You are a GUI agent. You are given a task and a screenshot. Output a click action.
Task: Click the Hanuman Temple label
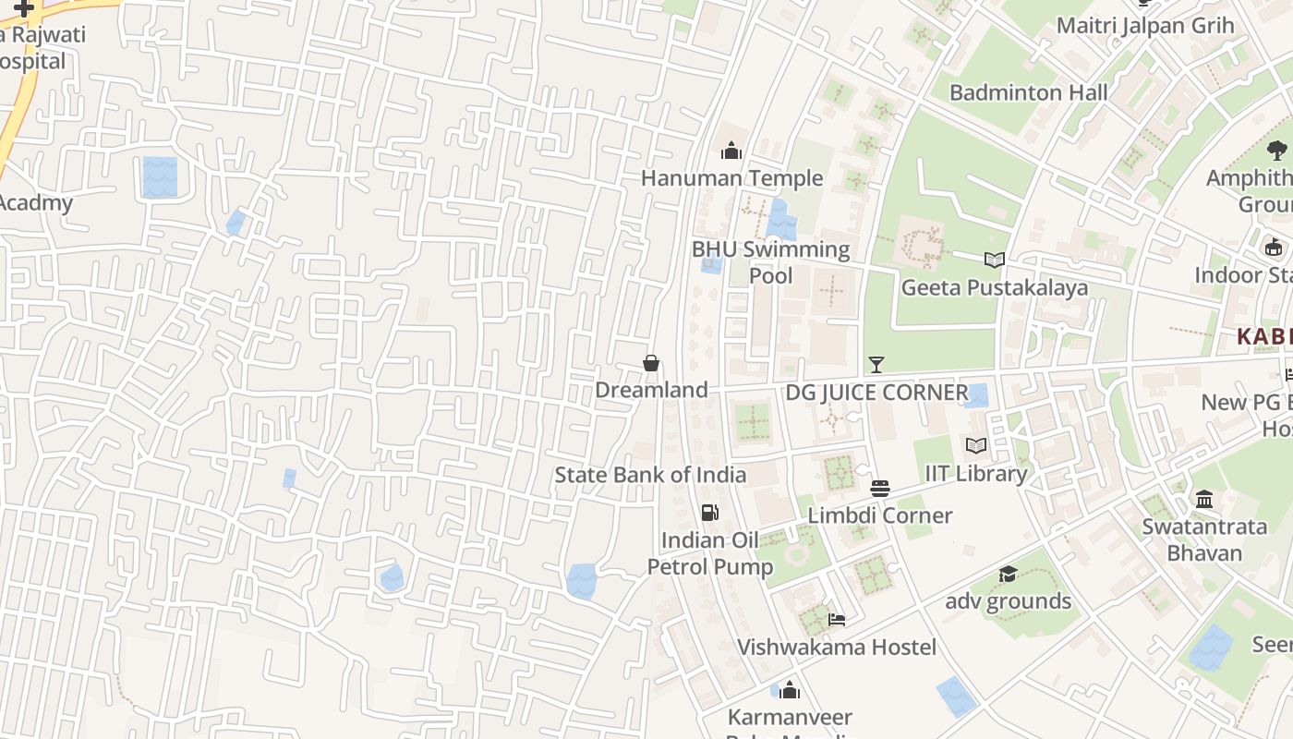pyautogui.click(x=731, y=178)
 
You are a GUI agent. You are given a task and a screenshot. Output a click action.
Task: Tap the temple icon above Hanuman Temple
pyautogui.click(x=731, y=151)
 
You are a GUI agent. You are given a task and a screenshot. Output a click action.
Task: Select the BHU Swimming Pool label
pyautogui.click(x=770, y=262)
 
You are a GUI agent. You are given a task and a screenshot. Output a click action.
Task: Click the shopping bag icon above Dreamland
pyautogui.click(x=651, y=363)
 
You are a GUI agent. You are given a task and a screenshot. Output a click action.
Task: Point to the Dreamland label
pyautogui.click(x=651, y=390)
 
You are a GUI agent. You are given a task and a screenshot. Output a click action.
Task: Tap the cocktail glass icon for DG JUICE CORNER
pyautogui.click(x=876, y=365)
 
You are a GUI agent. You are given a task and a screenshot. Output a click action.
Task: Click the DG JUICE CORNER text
pyautogui.click(x=876, y=393)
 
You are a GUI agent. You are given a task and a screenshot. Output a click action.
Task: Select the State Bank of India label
pyautogui.click(x=650, y=475)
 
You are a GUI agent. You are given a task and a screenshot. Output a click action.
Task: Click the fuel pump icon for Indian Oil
pyautogui.click(x=709, y=513)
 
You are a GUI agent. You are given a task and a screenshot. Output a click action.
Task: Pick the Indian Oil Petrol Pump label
pyautogui.click(x=709, y=553)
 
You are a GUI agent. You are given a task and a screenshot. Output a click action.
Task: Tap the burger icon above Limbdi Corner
pyautogui.click(x=879, y=488)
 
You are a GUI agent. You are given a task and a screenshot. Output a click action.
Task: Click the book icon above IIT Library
pyautogui.click(x=976, y=446)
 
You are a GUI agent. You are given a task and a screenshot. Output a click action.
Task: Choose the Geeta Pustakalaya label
pyautogui.click(x=994, y=287)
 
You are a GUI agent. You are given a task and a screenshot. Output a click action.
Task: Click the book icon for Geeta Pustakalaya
pyautogui.click(x=994, y=260)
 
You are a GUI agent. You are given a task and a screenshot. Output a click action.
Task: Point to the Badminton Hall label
pyautogui.click(x=1028, y=92)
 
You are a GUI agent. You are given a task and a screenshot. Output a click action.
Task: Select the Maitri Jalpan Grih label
pyautogui.click(x=1144, y=25)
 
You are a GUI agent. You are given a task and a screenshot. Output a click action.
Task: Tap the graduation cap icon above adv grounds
pyautogui.click(x=1008, y=575)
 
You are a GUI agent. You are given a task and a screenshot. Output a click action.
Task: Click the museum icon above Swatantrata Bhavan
pyautogui.click(x=1204, y=500)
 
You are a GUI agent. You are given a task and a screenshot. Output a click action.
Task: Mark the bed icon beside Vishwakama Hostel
pyautogui.click(x=837, y=620)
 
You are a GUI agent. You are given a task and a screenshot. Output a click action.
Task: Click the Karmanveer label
pyautogui.click(x=790, y=717)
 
